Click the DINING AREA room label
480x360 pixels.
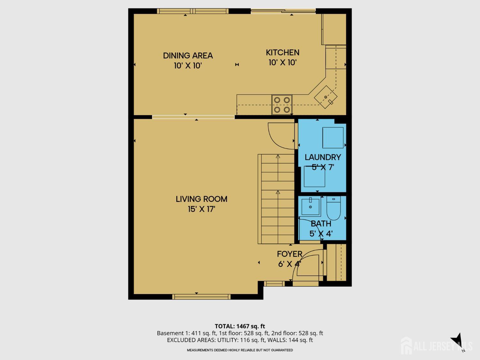[x=188, y=55]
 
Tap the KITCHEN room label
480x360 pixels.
[x=283, y=52]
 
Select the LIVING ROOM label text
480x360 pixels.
[x=202, y=199]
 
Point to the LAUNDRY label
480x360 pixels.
[x=323, y=157]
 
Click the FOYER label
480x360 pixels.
[x=290, y=254]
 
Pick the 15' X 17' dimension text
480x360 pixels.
[x=202, y=209]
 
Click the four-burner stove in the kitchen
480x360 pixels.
[x=282, y=105]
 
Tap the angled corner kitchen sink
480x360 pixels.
[x=326, y=97]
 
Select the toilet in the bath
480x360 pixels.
[x=333, y=208]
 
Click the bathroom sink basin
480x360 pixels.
[x=310, y=206]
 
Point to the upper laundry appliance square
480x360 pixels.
[x=333, y=138]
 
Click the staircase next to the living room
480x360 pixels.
[x=276, y=199]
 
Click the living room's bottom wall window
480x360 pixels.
[x=201, y=297]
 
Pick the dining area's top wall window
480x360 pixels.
[x=193, y=11]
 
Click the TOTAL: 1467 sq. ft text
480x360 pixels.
[x=240, y=326]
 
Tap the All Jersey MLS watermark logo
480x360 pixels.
[x=436, y=346]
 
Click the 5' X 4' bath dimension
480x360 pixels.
[x=321, y=234]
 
